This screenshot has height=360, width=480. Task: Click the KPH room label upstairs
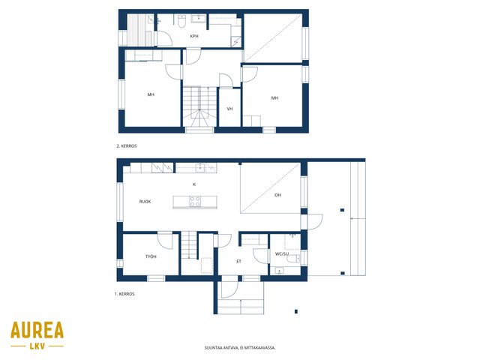(x=194, y=36)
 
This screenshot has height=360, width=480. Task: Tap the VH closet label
(x=229, y=109)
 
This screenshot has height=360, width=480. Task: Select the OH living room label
(x=277, y=195)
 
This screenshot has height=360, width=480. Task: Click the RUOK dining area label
(x=145, y=202)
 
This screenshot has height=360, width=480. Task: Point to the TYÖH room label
(x=151, y=256)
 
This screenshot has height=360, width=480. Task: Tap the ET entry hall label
(x=238, y=262)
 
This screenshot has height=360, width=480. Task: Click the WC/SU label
(x=282, y=253)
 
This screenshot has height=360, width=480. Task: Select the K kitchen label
(x=194, y=184)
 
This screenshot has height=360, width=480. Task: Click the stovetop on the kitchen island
(x=195, y=202)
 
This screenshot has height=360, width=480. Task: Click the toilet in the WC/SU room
(x=293, y=259)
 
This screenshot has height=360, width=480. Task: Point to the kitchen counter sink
(x=200, y=167)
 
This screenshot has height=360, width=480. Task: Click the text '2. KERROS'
(x=127, y=146)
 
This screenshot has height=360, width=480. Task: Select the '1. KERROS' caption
(x=124, y=294)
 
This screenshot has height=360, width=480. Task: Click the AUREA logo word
(x=37, y=330)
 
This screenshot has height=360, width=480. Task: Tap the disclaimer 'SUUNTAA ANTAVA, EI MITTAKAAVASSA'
(x=240, y=348)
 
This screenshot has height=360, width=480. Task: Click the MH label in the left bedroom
(x=151, y=94)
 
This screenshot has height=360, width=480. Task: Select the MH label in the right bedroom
(x=274, y=98)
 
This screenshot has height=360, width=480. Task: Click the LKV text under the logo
(x=37, y=346)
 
